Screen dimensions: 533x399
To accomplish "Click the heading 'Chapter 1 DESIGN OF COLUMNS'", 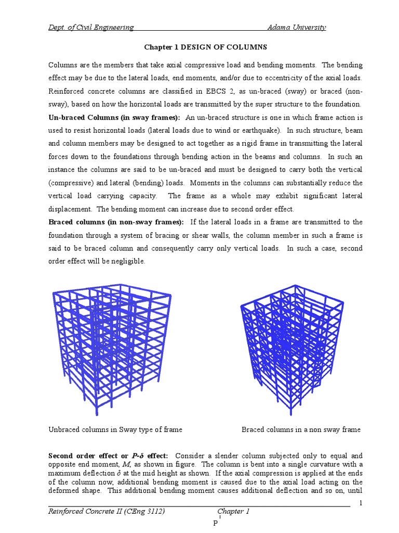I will pos(205,47).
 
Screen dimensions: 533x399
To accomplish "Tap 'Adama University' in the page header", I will pos(296,28).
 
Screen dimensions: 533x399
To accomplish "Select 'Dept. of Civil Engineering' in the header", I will pos(91,28).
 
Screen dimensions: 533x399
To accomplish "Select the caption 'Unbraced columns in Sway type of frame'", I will pos(115,429).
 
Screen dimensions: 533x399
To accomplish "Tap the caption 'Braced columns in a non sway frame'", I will pos(301,429).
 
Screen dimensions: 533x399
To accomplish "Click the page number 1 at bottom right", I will pos(361,502).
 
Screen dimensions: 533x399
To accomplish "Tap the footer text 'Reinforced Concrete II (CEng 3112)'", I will pos(107,512).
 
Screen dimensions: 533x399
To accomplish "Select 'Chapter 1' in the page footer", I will pos(234,512).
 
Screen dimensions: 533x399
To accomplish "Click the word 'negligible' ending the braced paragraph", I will pos(128,261).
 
